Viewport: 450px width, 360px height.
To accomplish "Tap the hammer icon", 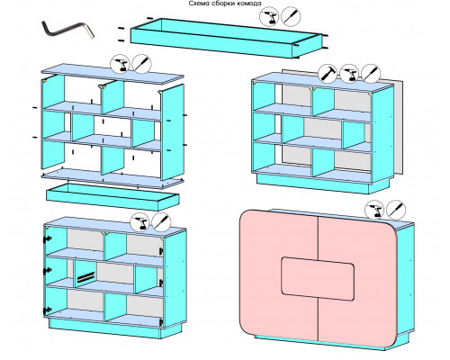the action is pyautogui.click(x=328, y=73).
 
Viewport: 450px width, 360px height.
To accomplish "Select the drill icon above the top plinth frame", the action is pyautogui.click(x=269, y=16).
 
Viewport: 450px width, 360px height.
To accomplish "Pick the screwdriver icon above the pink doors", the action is pyautogui.click(x=396, y=210).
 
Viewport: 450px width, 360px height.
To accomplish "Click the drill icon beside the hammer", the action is pyautogui.click(x=349, y=73).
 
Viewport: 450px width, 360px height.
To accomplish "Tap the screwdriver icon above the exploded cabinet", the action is pyautogui.click(x=142, y=64).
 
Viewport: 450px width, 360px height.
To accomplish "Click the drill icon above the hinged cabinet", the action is pyautogui.click(x=140, y=222).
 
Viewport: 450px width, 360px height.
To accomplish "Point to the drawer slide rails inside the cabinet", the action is pyautogui.click(x=85, y=277).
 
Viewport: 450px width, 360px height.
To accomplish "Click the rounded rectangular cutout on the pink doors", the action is pyautogui.click(x=318, y=279).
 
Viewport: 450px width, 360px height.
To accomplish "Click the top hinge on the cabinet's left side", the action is pyautogui.click(x=47, y=239).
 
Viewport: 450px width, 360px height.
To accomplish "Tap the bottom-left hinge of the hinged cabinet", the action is pyautogui.click(x=47, y=310).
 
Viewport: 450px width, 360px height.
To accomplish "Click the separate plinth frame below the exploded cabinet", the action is pyautogui.click(x=112, y=197).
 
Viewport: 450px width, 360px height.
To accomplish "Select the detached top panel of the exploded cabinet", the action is pyautogui.click(x=112, y=74).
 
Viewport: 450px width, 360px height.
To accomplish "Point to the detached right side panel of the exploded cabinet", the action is pyautogui.click(x=172, y=132).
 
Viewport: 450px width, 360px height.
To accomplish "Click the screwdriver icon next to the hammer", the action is pyautogui.click(x=371, y=73).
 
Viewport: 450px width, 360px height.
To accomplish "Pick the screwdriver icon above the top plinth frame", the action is pyautogui.click(x=291, y=16).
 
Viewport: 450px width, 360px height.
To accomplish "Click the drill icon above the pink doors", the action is pyautogui.click(x=374, y=210).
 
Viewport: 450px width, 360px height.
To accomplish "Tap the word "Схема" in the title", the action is pyautogui.click(x=199, y=4).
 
